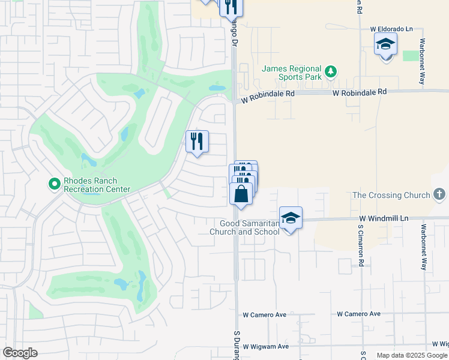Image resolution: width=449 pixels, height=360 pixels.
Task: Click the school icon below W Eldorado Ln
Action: point(385,44)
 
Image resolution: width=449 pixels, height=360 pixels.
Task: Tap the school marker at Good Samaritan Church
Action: point(291,218)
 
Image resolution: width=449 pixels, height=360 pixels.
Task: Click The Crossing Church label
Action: point(391,195)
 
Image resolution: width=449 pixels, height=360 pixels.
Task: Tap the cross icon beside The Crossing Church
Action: point(439,194)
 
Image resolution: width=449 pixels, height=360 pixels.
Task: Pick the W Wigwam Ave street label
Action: point(266,346)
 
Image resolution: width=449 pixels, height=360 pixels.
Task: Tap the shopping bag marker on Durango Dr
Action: point(241,194)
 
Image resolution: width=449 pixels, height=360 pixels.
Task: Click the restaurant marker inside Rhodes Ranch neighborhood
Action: point(197,142)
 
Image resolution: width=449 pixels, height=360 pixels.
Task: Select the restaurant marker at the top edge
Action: point(231,6)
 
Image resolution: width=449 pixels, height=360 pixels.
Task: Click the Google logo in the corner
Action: point(20,353)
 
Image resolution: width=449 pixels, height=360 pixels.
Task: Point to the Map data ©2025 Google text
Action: point(412,355)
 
